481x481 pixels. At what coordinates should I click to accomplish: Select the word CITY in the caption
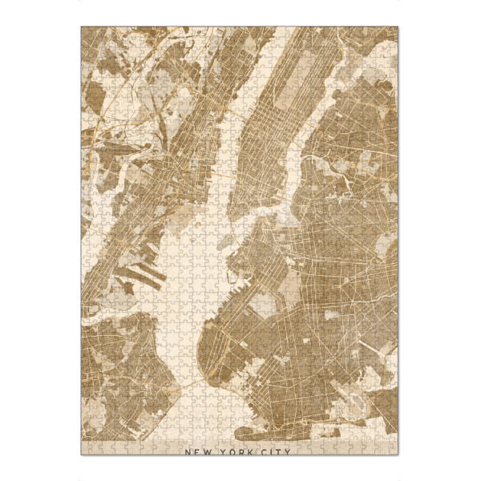pyautogui.click(x=275, y=451)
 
